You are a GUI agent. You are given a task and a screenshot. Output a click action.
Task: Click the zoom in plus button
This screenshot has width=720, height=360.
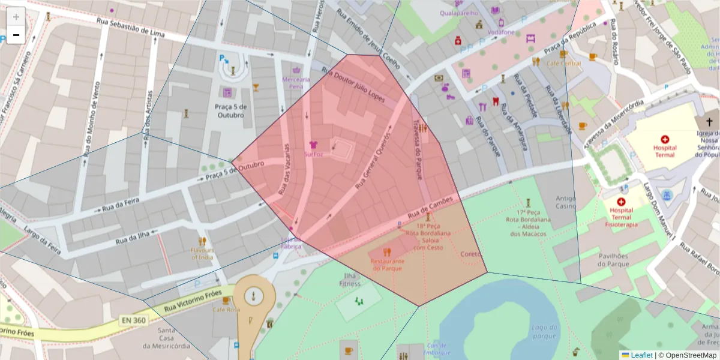[16, 17]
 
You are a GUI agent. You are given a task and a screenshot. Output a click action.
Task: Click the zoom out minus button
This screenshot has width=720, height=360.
[16, 35]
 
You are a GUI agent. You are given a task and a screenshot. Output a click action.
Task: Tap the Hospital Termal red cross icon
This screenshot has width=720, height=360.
[664, 139]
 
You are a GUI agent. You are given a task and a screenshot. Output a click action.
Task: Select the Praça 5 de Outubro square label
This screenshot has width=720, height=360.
[229, 110]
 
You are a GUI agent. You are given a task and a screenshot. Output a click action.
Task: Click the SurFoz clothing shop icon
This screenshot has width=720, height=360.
[313, 145]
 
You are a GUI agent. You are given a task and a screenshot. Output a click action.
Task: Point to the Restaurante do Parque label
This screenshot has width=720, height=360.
[387, 265]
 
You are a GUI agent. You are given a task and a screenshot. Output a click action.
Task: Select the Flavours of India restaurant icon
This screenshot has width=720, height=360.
[202, 241]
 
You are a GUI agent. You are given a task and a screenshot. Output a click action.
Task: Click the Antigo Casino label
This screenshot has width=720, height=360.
[565, 202]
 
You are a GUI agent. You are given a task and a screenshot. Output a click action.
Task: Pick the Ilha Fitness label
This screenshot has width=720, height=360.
[350, 280]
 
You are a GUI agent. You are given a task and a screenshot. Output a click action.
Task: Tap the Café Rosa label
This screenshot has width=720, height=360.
[226, 310]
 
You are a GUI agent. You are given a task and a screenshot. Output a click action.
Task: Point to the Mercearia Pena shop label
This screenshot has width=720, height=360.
[296, 82]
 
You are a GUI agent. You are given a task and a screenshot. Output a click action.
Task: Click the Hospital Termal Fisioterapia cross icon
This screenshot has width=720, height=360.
[621, 202]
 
